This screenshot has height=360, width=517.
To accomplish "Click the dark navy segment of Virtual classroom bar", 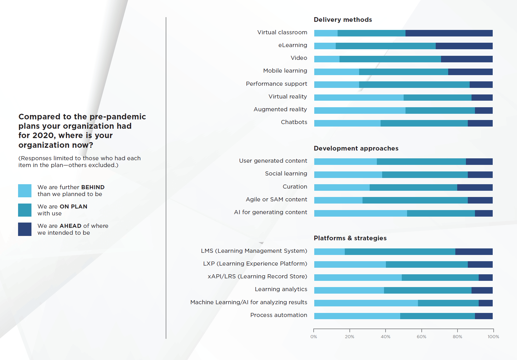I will [449, 33].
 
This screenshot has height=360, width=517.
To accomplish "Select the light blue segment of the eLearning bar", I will [325, 46].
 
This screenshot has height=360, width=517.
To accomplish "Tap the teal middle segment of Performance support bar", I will [414, 84].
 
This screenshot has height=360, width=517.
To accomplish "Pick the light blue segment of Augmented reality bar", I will [360, 110].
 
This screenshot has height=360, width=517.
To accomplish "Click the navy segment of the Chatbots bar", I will [480, 123].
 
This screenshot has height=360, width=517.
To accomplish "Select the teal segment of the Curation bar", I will [413, 187].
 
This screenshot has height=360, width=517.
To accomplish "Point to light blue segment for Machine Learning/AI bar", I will [366, 303].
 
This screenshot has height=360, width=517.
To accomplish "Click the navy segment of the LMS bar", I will [474, 252].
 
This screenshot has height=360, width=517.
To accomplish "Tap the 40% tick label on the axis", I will [386, 337].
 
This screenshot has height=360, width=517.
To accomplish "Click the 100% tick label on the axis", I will [493, 337].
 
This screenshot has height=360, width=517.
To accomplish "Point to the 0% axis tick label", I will [314, 337].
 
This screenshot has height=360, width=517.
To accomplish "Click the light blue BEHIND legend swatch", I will [25, 191].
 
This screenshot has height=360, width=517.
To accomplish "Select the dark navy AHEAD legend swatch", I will [25, 229].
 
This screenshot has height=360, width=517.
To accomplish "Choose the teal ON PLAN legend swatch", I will [25, 210].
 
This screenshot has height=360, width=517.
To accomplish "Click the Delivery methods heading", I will [343, 20].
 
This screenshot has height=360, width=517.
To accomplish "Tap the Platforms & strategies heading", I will [350, 238].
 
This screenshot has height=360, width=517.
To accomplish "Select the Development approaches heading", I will [356, 148].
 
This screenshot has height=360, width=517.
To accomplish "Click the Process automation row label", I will [278, 315].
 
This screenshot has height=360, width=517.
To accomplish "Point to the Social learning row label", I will [286, 174].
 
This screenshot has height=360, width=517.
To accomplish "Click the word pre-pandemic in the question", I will [118, 117].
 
